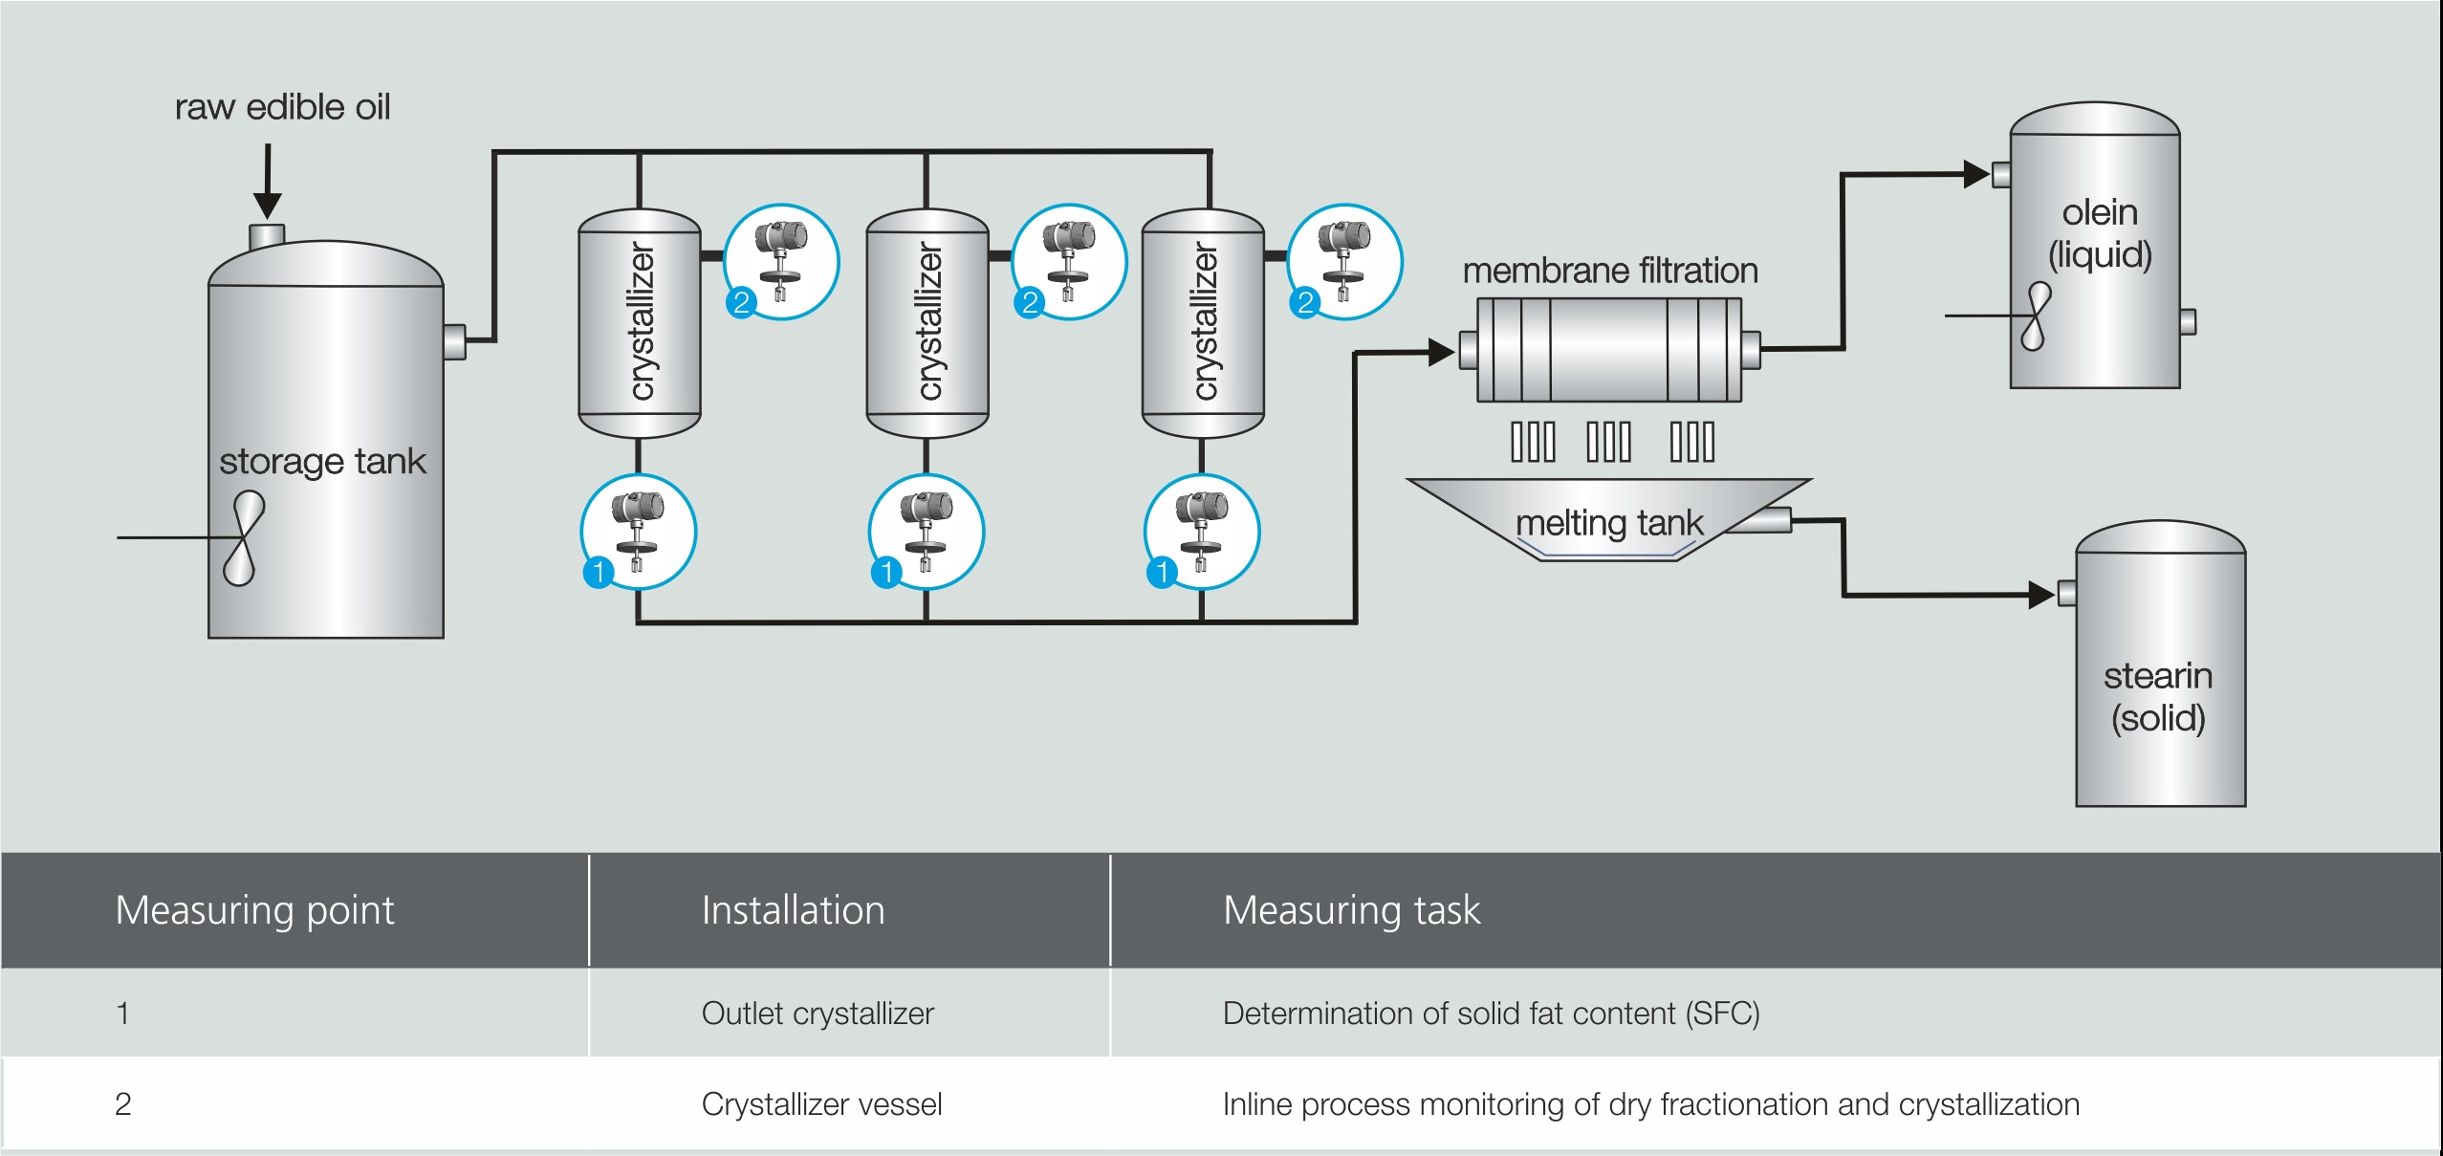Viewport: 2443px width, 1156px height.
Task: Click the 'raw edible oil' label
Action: (x=282, y=107)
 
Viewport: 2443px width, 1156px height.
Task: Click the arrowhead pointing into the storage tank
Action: (x=268, y=204)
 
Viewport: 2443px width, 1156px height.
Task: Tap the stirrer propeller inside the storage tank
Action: (x=243, y=537)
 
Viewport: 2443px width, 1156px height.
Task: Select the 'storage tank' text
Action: (x=322, y=462)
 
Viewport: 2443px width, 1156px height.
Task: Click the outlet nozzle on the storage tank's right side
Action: (x=455, y=341)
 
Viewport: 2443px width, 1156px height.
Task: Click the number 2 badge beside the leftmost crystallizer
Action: (x=741, y=303)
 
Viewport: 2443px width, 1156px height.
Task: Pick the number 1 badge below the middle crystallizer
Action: (x=886, y=573)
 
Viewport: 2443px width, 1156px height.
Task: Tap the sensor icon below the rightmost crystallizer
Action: (x=1202, y=531)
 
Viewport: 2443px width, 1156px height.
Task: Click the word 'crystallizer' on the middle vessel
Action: (x=928, y=321)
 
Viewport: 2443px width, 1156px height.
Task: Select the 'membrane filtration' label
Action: (x=1610, y=271)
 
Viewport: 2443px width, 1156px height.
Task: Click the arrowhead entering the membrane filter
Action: (x=1441, y=352)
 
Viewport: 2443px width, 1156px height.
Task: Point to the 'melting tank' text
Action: (x=1609, y=523)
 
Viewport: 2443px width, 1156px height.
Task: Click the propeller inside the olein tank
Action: (x=2035, y=316)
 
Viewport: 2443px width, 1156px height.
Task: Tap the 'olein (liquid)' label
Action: (x=2100, y=233)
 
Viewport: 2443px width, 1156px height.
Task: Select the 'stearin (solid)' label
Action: (x=2158, y=697)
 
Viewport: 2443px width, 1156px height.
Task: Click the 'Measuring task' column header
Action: (x=1351, y=910)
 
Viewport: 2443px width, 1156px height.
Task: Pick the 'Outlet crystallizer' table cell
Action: (x=818, y=1014)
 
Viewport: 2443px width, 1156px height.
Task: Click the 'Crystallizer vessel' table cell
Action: (x=821, y=1104)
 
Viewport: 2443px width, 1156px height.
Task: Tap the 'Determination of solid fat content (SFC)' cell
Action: (x=1491, y=1014)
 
